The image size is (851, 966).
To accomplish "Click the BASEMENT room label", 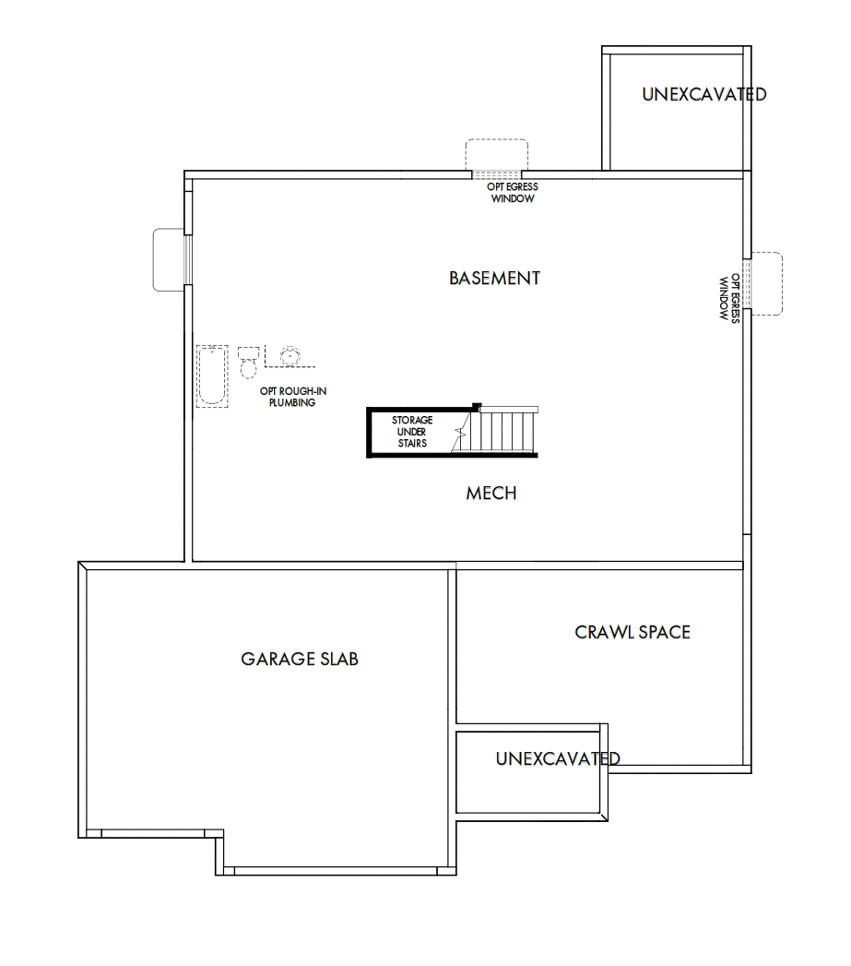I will pos(494,278).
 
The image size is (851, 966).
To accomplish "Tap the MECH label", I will pos(491,494).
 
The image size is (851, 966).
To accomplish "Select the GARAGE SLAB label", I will pos(300,659).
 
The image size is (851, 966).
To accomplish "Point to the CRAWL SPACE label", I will pos(632,632).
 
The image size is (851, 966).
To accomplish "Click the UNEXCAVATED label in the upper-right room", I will pos(704,94).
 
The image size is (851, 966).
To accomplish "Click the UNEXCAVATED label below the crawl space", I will pos(558,758).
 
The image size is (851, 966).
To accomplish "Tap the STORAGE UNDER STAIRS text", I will pos(412,432).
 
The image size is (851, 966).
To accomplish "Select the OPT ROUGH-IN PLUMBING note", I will pos(292,397).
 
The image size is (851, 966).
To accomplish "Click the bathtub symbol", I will pos(212,376).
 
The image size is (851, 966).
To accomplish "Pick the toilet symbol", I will pos(249,362).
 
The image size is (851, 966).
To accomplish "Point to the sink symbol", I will pos(290,354).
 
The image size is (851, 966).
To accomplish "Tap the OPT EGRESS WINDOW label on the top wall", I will pos(512,192).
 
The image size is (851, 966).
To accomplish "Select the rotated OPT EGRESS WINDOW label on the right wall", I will pos(729,296).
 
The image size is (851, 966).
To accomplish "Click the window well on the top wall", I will pos(496,155).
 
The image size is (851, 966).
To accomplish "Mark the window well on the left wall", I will pos(169,259).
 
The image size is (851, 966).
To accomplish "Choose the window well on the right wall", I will pos(766,283).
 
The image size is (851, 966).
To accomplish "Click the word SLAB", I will pos(337,659).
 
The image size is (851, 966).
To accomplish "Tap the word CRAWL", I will pos(603,632).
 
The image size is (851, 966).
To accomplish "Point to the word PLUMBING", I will pos(292,403).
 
